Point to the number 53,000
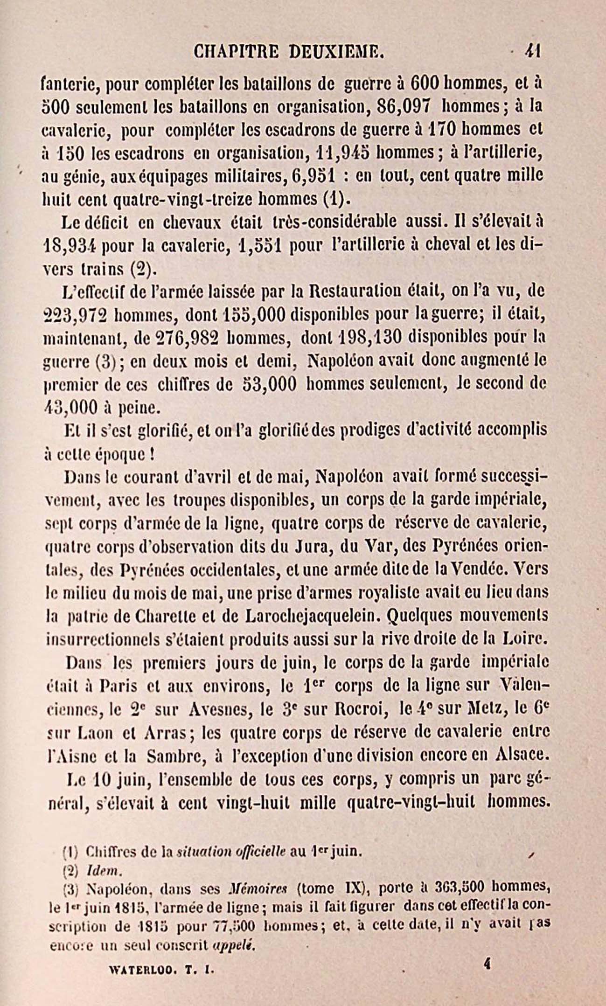(271, 383)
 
